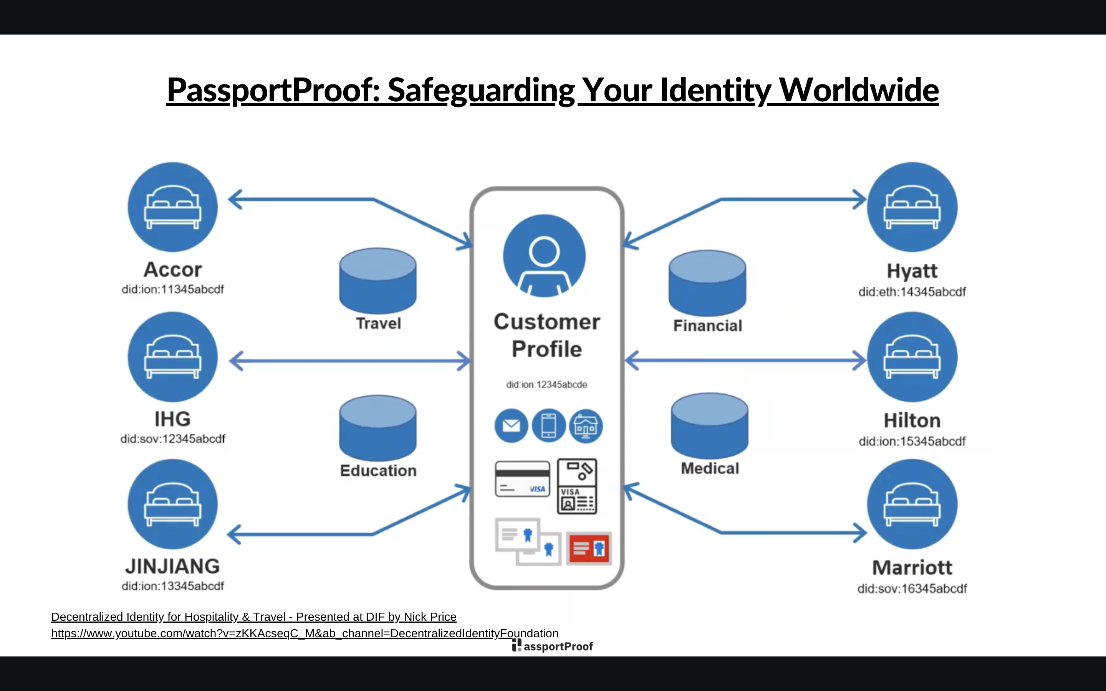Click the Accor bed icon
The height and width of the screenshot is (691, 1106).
pyautogui.click(x=172, y=207)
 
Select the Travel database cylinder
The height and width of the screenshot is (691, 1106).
pyautogui.click(x=377, y=281)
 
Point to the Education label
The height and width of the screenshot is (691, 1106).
pyautogui.click(x=378, y=471)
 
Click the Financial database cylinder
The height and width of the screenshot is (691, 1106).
pyautogui.click(x=707, y=283)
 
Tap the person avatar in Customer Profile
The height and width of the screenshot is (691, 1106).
pyautogui.click(x=544, y=255)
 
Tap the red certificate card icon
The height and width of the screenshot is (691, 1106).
pyautogui.click(x=589, y=548)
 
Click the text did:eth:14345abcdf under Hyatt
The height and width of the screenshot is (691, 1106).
pyautogui.click(x=912, y=292)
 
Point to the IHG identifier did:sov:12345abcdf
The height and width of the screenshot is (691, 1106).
pyautogui.click(x=173, y=439)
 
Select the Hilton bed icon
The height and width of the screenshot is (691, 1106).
pyautogui.click(x=912, y=357)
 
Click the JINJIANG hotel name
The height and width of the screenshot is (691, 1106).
pyautogui.click(x=173, y=566)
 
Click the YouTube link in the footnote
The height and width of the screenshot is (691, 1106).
pyautogui.click(x=305, y=633)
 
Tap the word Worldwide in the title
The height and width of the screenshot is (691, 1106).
pyautogui.click(x=858, y=90)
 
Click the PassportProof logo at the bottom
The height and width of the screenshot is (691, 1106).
pyautogui.click(x=553, y=646)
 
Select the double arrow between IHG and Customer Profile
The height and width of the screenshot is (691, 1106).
pyautogui.click(x=350, y=361)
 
